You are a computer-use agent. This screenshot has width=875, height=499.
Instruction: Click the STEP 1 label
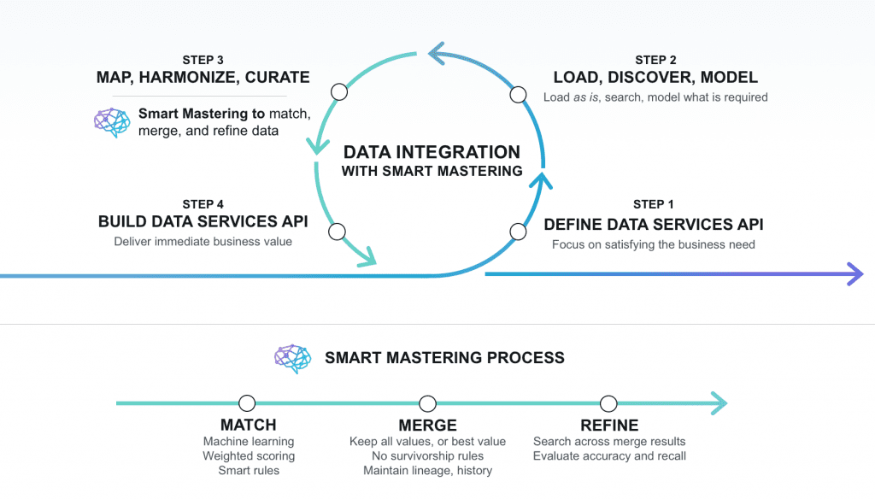[654, 204]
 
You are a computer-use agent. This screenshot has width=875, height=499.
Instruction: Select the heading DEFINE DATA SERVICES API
[654, 225]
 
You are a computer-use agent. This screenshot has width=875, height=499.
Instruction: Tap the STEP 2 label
[655, 60]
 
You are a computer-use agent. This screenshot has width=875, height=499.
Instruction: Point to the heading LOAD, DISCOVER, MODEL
[655, 78]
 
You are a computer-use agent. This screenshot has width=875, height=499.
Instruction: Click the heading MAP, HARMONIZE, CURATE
[203, 78]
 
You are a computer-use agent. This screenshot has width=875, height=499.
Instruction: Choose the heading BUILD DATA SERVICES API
[203, 222]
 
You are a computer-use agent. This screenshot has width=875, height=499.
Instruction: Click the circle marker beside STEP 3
[338, 91]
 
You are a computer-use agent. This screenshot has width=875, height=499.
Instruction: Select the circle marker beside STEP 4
[337, 231]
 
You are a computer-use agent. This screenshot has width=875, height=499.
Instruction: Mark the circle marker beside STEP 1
[517, 231]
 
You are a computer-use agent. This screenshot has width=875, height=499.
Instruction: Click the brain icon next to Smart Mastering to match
[111, 122]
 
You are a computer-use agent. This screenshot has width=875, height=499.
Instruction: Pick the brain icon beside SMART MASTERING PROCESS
[292, 359]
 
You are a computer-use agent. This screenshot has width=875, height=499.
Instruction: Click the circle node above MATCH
[248, 403]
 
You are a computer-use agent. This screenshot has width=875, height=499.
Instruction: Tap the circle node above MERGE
[427, 403]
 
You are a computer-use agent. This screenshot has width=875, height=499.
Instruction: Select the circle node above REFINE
[608, 403]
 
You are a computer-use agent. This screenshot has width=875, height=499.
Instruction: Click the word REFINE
[609, 426]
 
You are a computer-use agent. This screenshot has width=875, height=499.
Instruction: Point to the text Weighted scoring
[248, 456]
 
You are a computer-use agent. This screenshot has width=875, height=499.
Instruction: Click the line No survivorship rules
[427, 456]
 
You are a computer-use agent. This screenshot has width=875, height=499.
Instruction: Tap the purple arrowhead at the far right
[854, 274]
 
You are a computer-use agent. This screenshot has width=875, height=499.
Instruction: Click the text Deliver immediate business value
[203, 242]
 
